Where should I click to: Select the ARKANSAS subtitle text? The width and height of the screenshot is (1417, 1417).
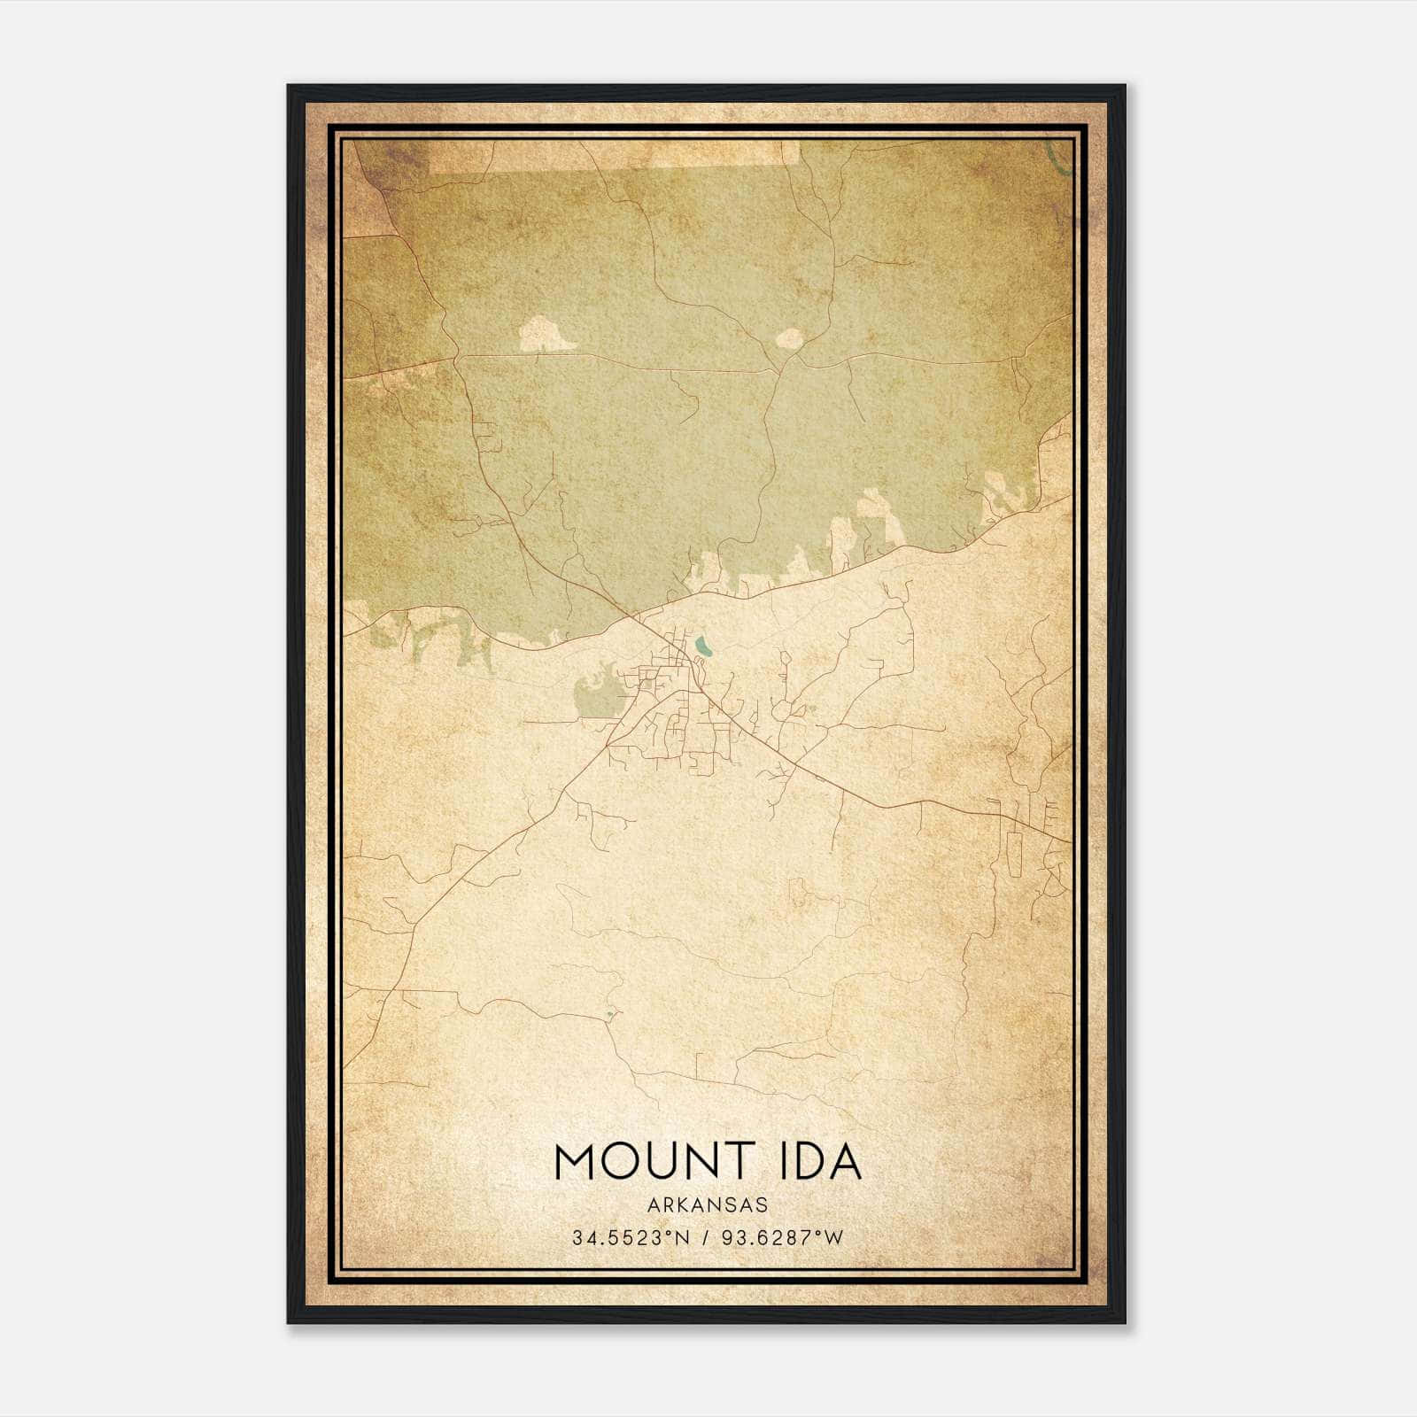707,1205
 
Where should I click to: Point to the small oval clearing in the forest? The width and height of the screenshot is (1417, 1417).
789,337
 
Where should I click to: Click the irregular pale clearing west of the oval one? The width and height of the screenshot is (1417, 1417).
545,335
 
